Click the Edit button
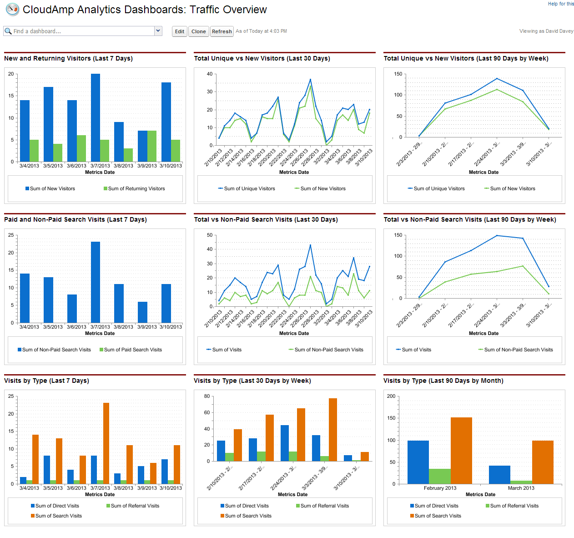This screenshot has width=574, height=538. click(180, 31)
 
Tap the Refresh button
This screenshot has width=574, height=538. click(222, 31)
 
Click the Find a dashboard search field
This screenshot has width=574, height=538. click(80, 31)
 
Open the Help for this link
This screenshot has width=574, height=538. click(561, 4)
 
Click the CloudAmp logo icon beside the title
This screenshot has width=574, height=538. click(12, 9)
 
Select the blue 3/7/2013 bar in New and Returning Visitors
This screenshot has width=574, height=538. click(96, 117)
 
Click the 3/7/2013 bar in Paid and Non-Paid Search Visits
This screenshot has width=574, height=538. click(96, 282)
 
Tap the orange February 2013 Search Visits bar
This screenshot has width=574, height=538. click(461, 451)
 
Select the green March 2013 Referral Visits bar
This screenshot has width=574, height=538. click(521, 482)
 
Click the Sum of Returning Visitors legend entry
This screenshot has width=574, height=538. click(134, 188)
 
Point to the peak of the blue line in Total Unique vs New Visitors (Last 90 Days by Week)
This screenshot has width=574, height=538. click(497, 79)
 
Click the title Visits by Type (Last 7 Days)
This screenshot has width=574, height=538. click(46, 381)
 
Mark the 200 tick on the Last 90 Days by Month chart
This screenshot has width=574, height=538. click(391, 396)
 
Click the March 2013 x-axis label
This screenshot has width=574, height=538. click(521, 488)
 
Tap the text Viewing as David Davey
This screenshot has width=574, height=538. click(546, 31)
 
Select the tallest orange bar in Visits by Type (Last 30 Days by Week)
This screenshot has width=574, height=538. click(333, 430)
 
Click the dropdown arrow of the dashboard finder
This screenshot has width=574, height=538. click(158, 31)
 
